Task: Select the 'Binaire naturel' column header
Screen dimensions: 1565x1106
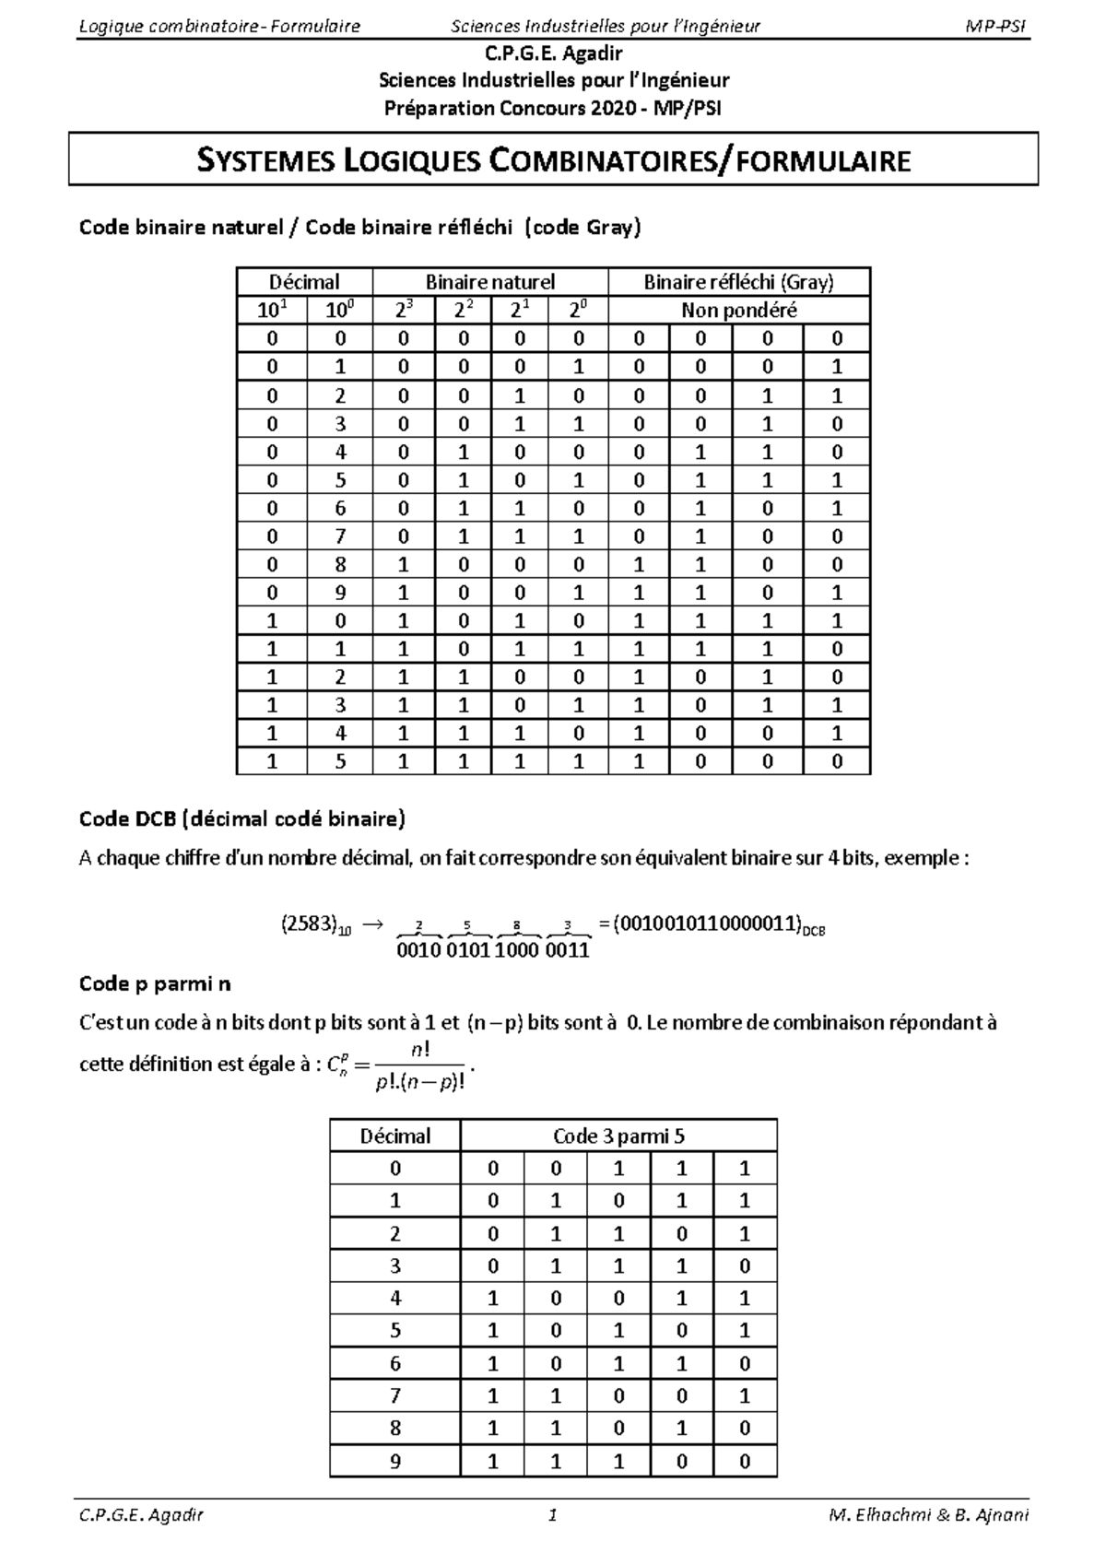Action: click(490, 282)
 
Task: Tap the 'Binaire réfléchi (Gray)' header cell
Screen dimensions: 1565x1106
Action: click(738, 282)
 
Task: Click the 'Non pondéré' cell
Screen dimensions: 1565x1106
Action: click(738, 311)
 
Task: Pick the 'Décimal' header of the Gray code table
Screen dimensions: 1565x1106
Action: click(304, 282)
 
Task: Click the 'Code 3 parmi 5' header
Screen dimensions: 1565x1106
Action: click(618, 1136)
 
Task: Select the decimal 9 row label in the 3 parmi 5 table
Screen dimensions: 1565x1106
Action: click(395, 1460)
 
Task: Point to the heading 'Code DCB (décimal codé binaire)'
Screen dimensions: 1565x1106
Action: click(242, 818)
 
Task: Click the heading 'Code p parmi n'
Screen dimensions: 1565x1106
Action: click(155, 983)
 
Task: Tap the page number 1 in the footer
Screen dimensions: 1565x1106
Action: click(552, 1515)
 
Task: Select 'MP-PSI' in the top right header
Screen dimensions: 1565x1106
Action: click(995, 26)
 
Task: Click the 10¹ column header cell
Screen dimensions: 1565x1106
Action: click(271, 311)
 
